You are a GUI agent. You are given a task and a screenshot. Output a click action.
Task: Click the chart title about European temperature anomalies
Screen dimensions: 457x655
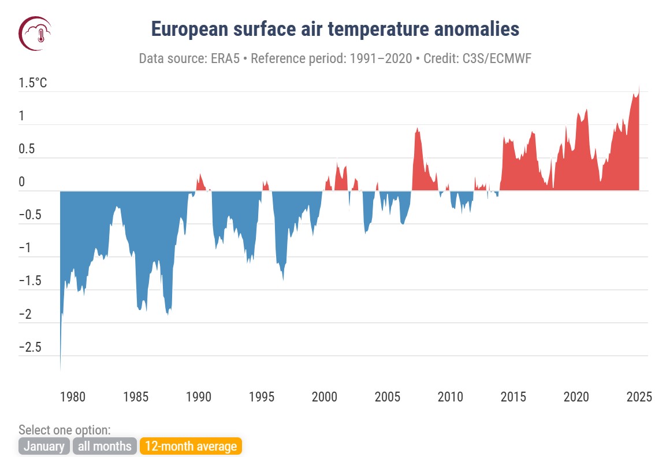pyautogui.click(x=335, y=29)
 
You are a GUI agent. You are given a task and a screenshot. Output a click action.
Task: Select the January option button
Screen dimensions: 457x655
pyautogui.click(x=44, y=446)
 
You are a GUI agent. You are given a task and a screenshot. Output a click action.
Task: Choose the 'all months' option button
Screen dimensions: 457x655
pyautogui.click(x=105, y=446)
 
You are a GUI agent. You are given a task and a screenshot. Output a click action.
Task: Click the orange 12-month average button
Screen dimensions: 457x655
pyautogui.click(x=191, y=446)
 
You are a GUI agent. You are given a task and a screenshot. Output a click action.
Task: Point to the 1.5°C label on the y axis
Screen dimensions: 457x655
pyautogui.click(x=34, y=83)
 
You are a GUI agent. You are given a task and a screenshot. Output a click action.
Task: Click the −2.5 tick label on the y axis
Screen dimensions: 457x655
pyautogui.click(x=29, y=348)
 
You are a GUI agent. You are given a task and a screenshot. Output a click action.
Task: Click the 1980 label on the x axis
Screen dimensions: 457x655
pyautogui.click(x=73, y=397)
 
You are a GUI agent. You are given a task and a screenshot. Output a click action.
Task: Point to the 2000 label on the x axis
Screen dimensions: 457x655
pyautogui.click(x=324, y=397)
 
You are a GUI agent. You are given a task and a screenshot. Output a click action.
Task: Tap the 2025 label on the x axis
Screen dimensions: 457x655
pyautogui.click(x=639, y=397)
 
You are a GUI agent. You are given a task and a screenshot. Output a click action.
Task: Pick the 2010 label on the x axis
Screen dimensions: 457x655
pyautogui.click(x=450, y=397)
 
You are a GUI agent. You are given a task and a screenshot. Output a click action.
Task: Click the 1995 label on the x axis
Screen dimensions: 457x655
pyautogui.click(x=262, y=397)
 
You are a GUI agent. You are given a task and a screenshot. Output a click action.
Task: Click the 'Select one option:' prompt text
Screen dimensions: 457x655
pyautogui.click(x=65, y=430)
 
